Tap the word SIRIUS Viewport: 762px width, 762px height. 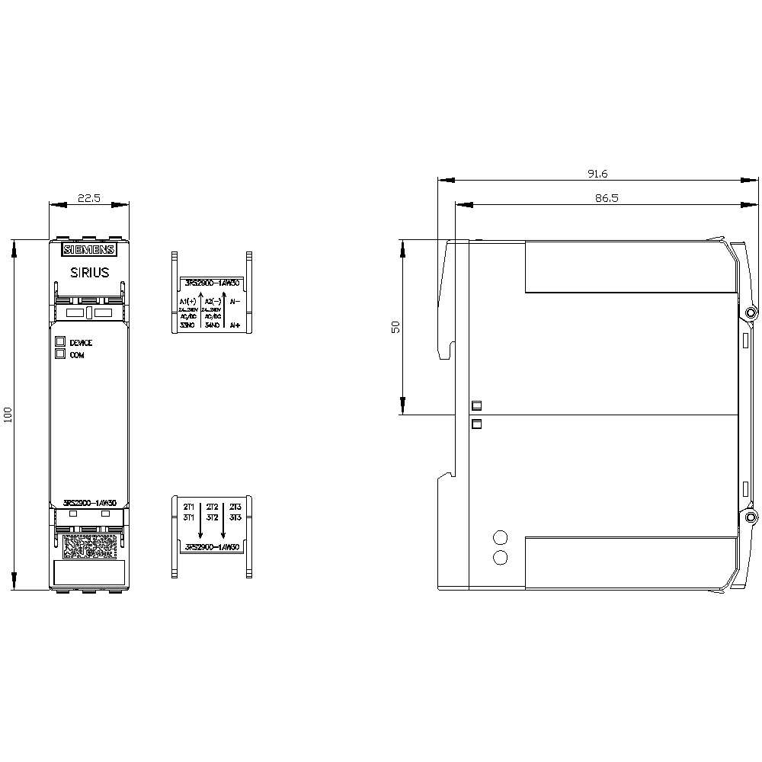tap(89, 272)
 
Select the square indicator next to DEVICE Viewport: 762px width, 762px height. tap(59, 342)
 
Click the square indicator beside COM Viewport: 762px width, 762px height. tap(59, 354)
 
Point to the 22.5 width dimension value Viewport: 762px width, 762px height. tap(88, 198)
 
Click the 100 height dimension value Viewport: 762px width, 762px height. tap(8, 415)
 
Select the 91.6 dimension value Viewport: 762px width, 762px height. tap(597, 174)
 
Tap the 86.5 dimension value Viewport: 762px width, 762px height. tap(597, 197)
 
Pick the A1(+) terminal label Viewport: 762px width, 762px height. tap(187, 302)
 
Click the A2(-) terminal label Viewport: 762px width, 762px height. tap(212, 302)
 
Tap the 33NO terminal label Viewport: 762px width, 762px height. tap(187, 325)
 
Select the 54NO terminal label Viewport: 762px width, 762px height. tap(212, 325)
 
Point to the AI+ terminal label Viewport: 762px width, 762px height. tap(235, 325)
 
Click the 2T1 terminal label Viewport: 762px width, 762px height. tap(188, 507)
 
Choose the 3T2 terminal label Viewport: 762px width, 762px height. tap(212, 517)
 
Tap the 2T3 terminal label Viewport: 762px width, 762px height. tap(235, 507)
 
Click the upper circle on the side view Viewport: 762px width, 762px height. tap(501, 536)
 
